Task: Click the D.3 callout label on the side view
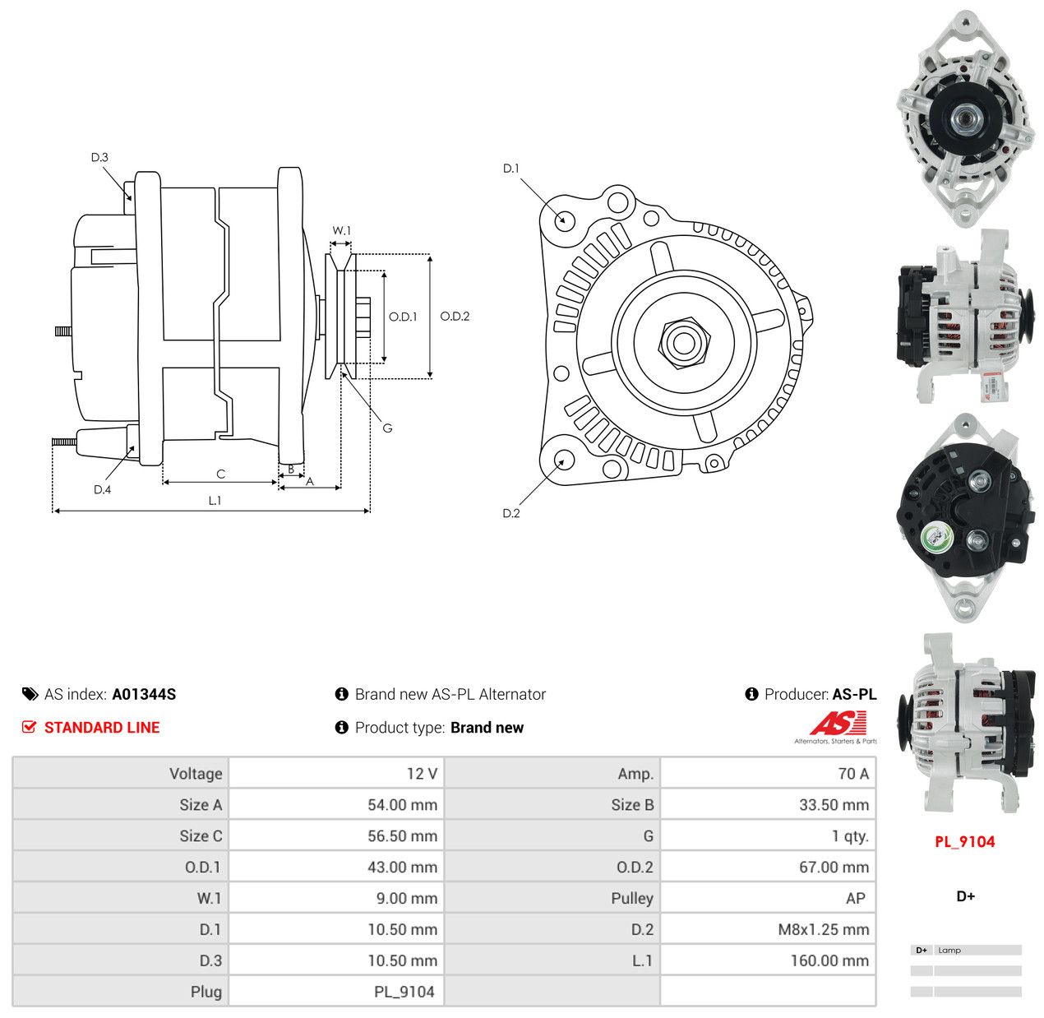point(99,157)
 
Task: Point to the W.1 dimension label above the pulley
point(341,230)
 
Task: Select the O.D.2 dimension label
point(455,316)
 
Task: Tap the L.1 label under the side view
point(215,500)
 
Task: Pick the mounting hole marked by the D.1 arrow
point(564,220)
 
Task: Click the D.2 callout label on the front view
point(510,513)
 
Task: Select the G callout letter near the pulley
point(387,428)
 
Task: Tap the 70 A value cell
point(853,773)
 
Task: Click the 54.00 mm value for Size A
point(402,804)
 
